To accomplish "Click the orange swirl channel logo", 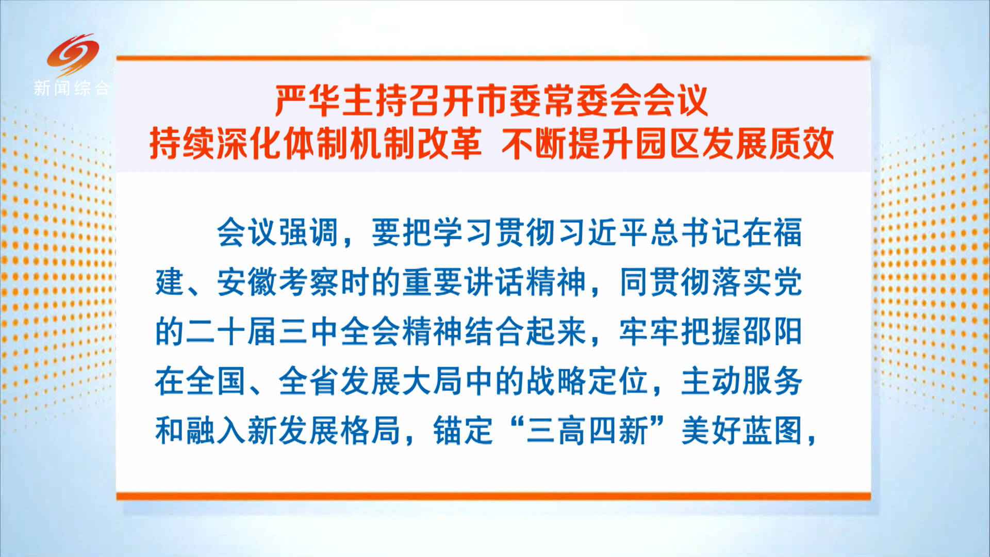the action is point(73,55).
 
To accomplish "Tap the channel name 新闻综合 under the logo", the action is point(72,88).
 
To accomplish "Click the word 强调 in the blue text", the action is point(309,233).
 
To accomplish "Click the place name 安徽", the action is point(247,282).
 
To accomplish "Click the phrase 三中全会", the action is point(340,332).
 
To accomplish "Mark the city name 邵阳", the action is point(772,332).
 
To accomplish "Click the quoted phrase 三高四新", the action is point(588,431).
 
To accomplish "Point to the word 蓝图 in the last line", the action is point(772,431).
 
